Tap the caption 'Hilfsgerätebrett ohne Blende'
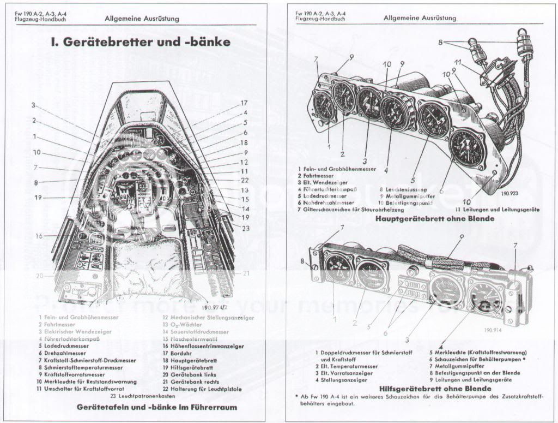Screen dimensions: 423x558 [428, 389]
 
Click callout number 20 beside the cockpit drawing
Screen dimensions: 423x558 [39, 276]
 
